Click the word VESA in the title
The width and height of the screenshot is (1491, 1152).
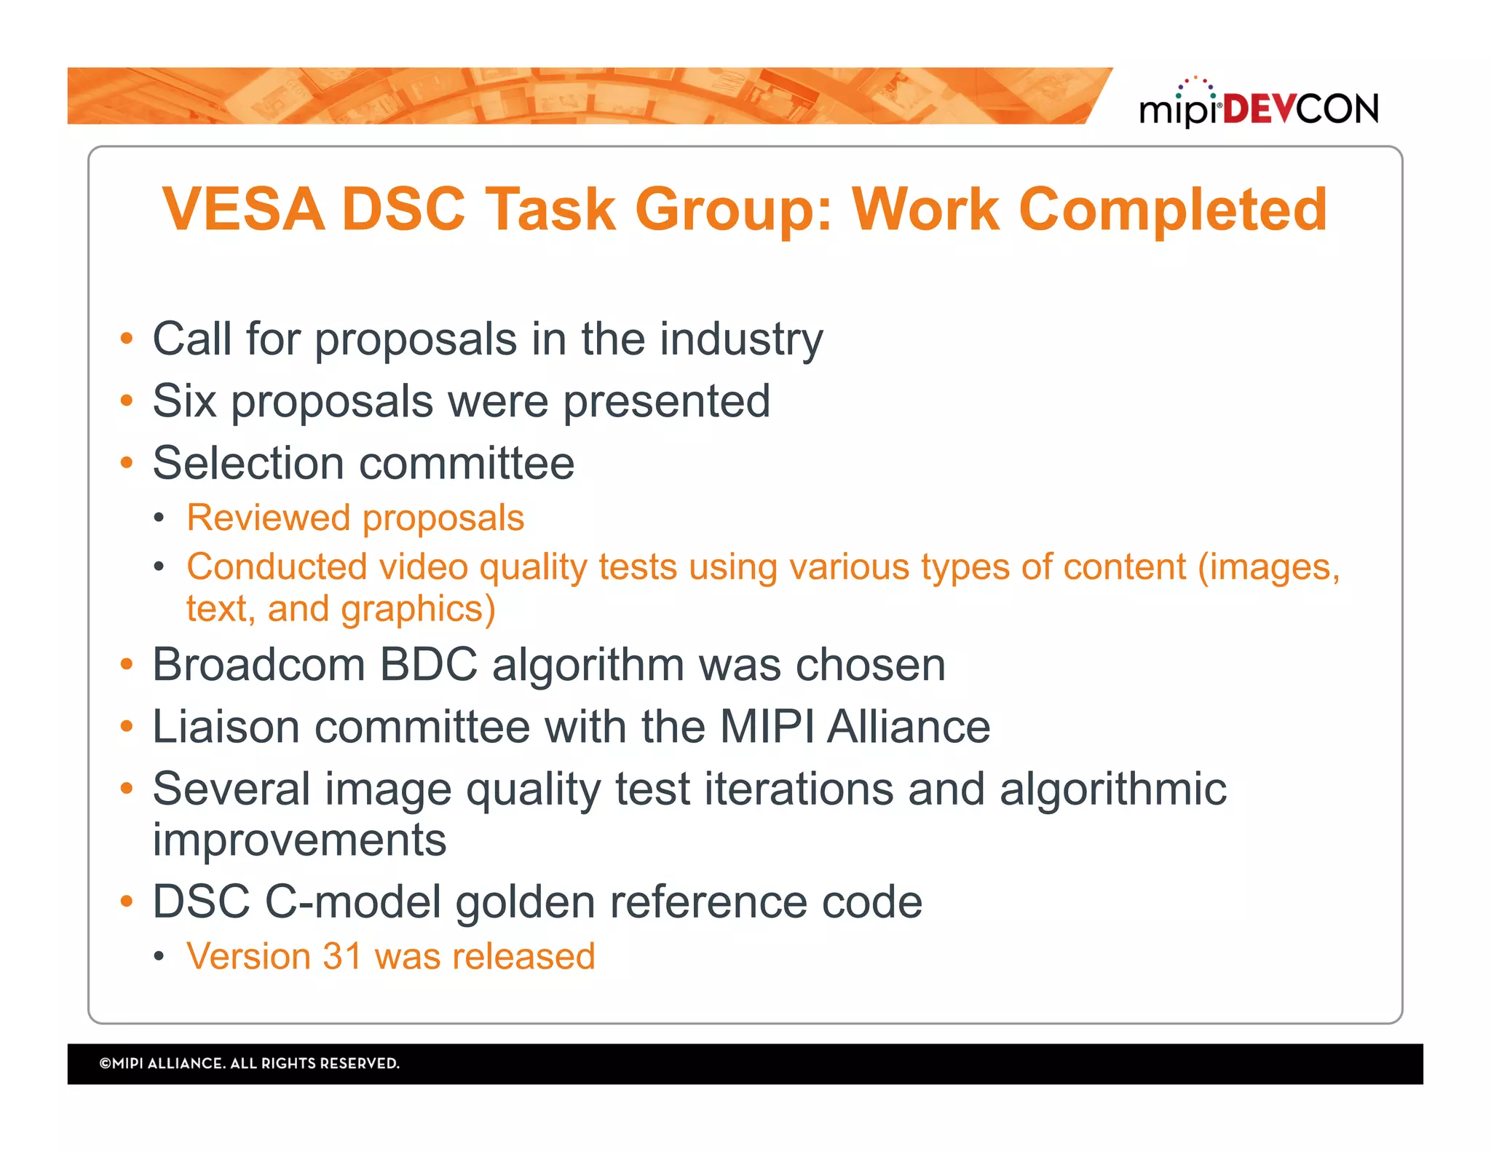(x=243, y=210)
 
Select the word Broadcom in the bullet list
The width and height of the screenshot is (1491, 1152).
(x=258, y=665)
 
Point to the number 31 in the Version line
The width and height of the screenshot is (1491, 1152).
(x=342, y=956)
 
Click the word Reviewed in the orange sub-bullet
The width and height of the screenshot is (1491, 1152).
(x=268, y=518)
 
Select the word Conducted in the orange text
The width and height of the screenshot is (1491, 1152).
(x=276, y=567)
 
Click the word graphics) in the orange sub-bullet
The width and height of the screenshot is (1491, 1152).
(x=418, y=609)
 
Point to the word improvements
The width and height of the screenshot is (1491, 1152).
(x=299, y=840)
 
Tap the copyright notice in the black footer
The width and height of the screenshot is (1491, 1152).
(x=249, y=1063)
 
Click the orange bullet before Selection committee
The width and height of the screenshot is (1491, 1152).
(x=127, y=463)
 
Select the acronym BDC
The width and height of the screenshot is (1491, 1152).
(x=428, y=665)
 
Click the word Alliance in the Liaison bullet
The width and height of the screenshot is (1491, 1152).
(x=908, y=727)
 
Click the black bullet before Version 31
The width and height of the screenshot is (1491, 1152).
(x=159, y=956)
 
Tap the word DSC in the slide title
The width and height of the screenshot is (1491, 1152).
(x=403, y=210)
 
